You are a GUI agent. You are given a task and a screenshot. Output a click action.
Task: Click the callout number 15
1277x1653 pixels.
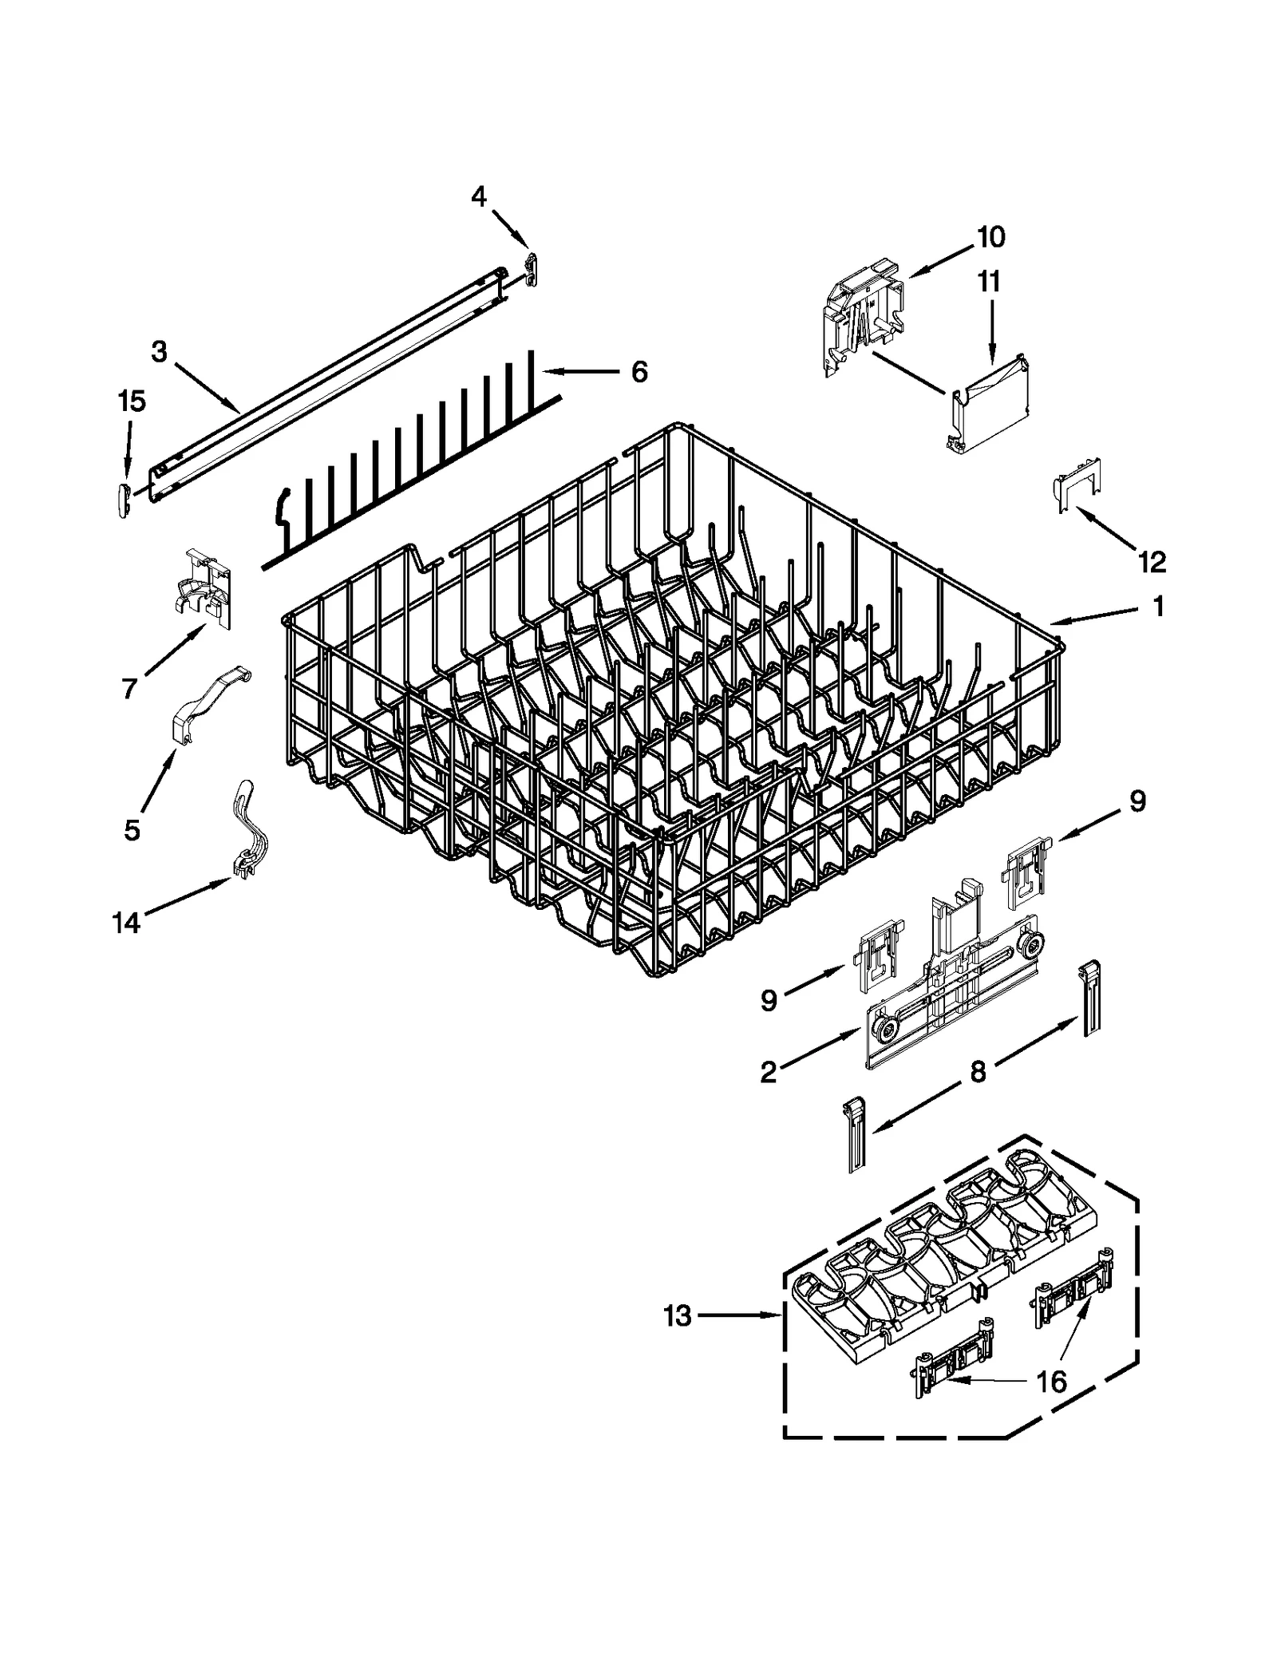[x=132, y=401]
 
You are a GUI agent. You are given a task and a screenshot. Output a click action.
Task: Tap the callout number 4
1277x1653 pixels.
[x=479, y=196]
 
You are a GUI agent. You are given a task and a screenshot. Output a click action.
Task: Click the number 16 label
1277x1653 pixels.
[x=1052, y=1382]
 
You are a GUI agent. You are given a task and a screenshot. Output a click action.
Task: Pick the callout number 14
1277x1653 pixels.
[x=126, y=923]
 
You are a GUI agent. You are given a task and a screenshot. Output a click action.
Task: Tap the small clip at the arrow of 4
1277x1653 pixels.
[x=532, y=268]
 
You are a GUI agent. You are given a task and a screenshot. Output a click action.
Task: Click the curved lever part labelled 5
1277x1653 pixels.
[x=208, y=703]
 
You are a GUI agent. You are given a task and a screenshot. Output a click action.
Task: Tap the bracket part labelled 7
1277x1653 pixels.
[x=203, y=589]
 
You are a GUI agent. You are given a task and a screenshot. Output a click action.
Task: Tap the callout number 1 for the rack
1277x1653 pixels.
[x=1156, y=606]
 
